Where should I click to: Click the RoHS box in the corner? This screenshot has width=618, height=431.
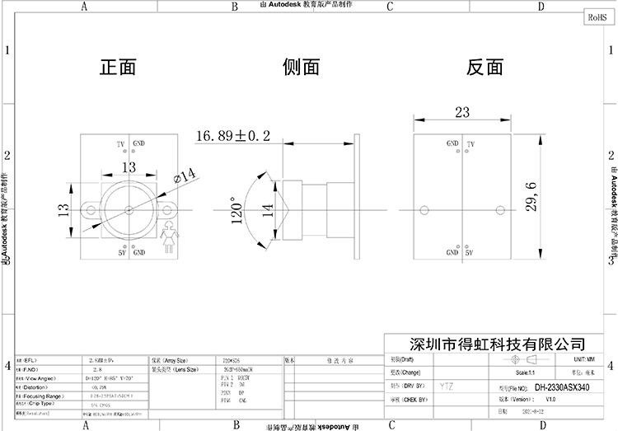tap(595, 16)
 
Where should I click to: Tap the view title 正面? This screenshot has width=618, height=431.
tap(118, 67)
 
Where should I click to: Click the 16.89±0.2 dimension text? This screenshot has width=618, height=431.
tap(233, 134)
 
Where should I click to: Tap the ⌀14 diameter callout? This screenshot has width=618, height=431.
tap(185, 175)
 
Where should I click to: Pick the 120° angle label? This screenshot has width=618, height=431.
tap(238, 211)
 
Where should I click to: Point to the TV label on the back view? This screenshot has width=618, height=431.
tap(471, 144)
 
